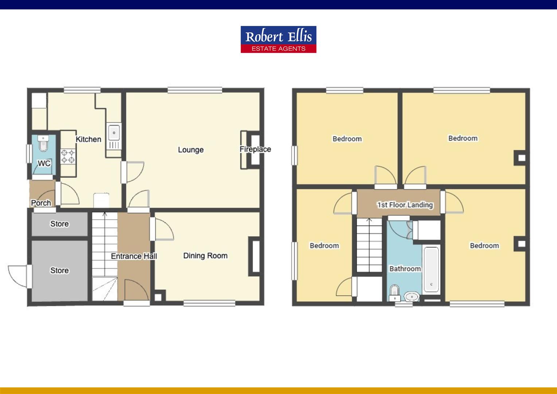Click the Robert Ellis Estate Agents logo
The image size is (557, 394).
[278, 39]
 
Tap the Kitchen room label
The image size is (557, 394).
[88, 139]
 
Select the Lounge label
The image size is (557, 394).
[191, 150]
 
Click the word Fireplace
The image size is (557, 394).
[255, 149]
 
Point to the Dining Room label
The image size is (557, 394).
[205, 256]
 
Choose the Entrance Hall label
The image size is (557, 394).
[134, 256]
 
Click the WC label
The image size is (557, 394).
[44, 163]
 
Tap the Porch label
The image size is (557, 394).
[41, 203]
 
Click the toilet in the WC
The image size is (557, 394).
[43, 144]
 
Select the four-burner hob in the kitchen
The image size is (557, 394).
[68, 157]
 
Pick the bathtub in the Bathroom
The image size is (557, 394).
[432, 269]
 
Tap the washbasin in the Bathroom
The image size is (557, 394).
[412, 296]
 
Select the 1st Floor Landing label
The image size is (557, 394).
[405, 205]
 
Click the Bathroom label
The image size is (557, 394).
[405, 269]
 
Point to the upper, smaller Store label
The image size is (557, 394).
[59, 224]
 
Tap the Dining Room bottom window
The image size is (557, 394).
[209, 302]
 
